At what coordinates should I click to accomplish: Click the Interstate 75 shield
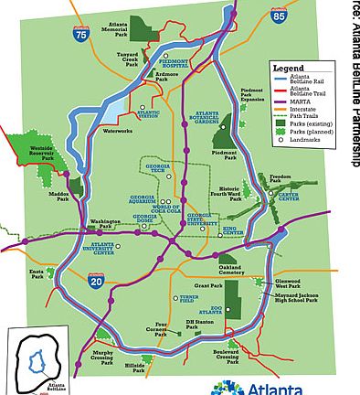click(83, 36)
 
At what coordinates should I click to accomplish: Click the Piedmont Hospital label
click(175, 63)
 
